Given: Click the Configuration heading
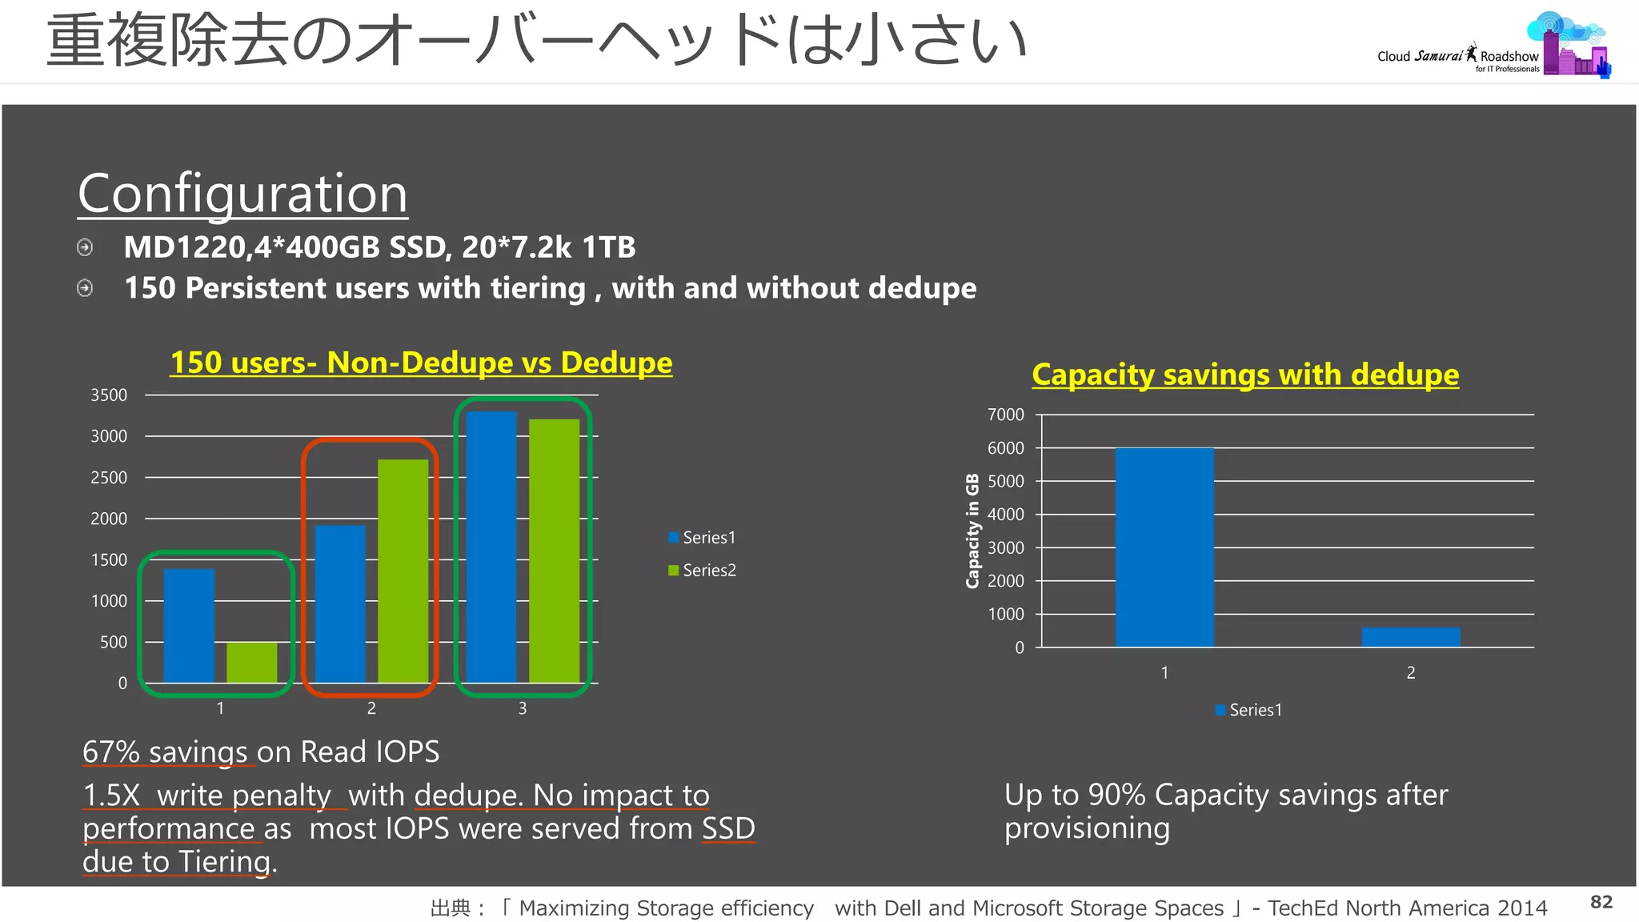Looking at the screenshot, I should coord(242,194).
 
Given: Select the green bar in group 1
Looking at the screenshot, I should coord(251,662).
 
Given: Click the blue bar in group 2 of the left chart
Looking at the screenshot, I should coord(340,603).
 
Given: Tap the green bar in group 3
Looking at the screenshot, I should coord(554,551).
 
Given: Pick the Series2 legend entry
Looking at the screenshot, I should coord(702,570).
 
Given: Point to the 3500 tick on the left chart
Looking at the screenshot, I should coord(109,395).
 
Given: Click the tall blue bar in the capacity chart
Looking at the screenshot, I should coord(1164,547).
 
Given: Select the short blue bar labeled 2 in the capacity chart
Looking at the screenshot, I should coord(1410,637).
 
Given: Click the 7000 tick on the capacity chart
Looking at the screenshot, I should coord(1005,415).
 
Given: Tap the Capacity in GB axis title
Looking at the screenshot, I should coord(972,531).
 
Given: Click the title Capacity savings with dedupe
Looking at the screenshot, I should coord(1244,375).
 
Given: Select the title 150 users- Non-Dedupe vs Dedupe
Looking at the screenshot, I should coord(421,363).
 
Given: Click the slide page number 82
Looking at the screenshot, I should coord(1601,902).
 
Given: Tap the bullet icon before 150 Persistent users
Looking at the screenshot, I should coord(85,288).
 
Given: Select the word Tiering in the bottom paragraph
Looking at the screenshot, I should coord(225,862).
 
